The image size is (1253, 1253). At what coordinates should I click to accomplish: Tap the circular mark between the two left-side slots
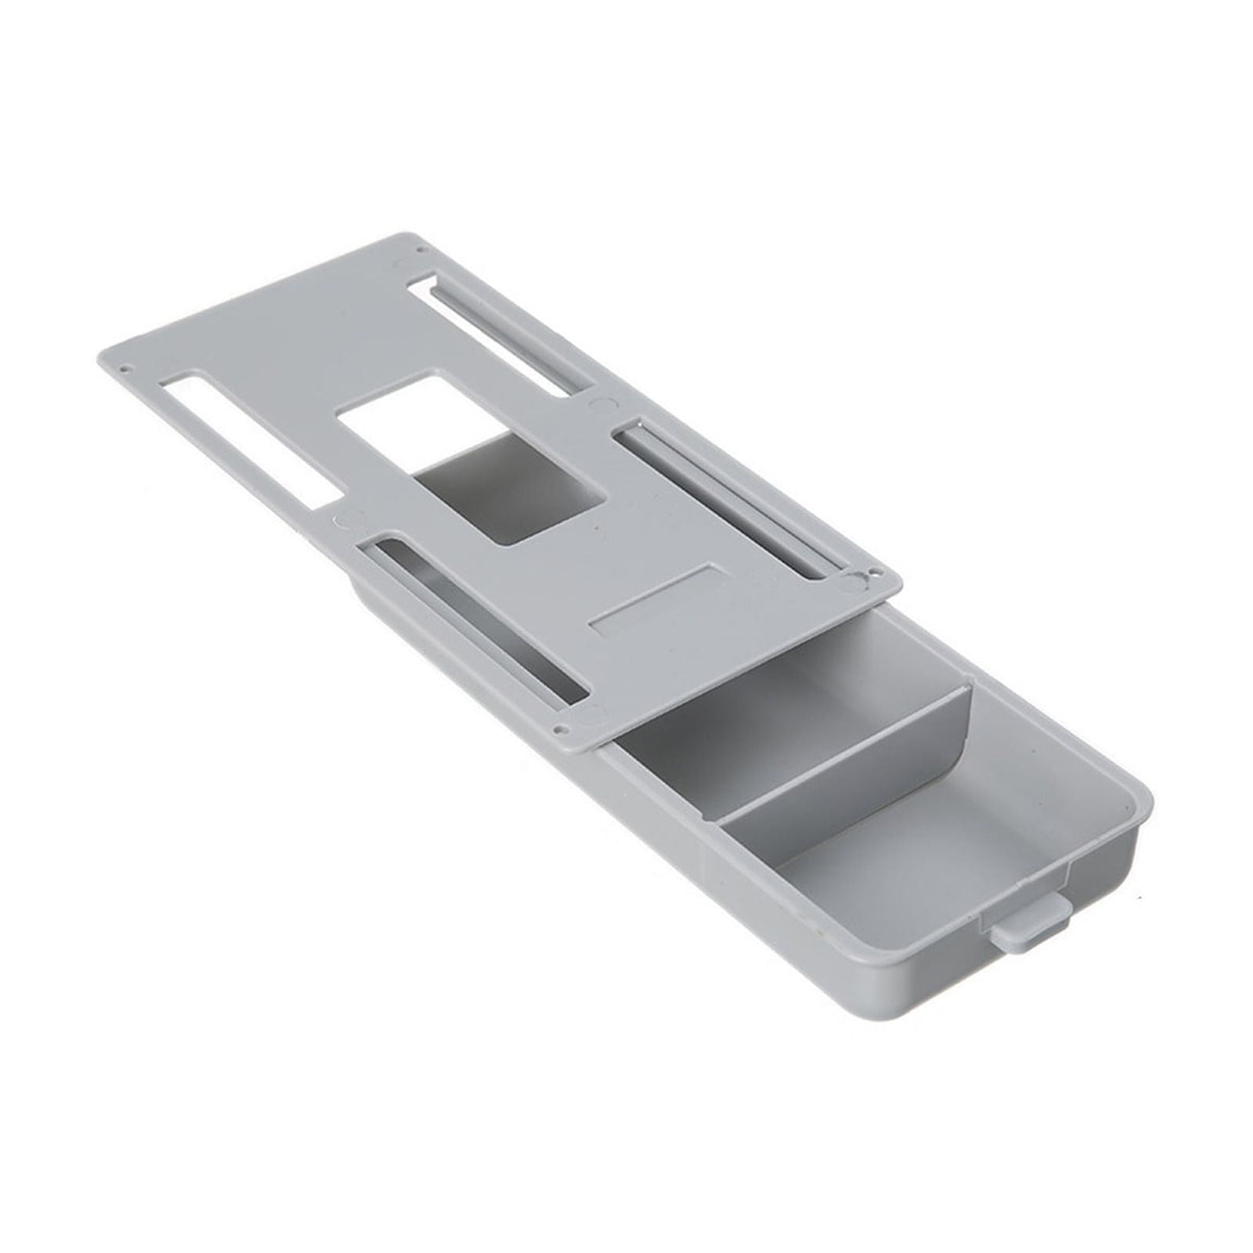pyautogui.click(x=342, y=517)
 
